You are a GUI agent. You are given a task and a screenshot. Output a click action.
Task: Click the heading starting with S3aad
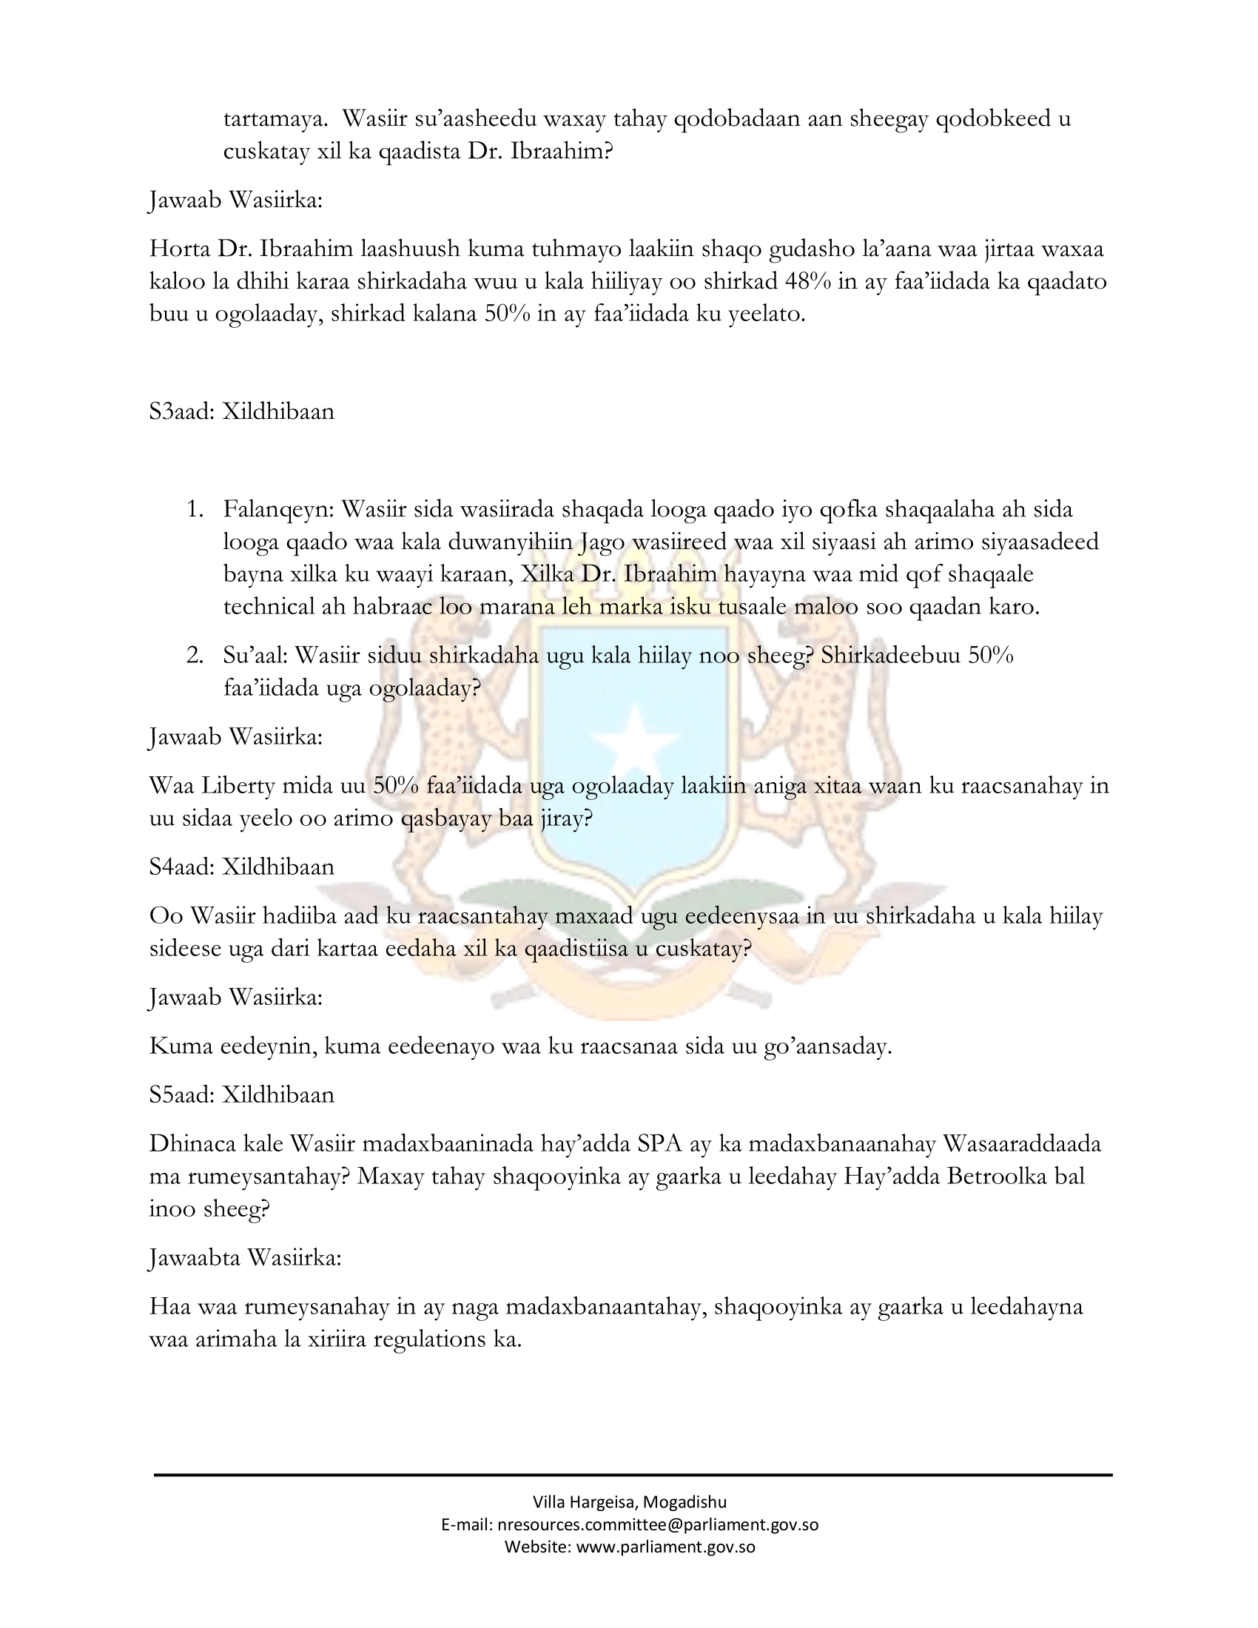[x=241, y=411]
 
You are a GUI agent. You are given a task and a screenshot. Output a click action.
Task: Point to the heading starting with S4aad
[x=241, y=867]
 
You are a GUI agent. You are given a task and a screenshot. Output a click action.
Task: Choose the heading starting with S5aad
[x=241, y=1094]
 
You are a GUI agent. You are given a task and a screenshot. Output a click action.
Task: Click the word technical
[x=269, y=607]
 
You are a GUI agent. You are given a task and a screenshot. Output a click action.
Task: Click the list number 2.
[x=195, y=656]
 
